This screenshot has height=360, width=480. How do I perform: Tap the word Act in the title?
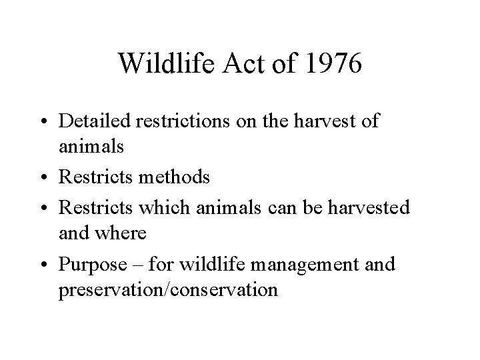coord(245,65)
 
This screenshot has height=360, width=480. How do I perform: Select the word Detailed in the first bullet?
coord(93,122)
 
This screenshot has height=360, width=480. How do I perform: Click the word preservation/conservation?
coord(168,290)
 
